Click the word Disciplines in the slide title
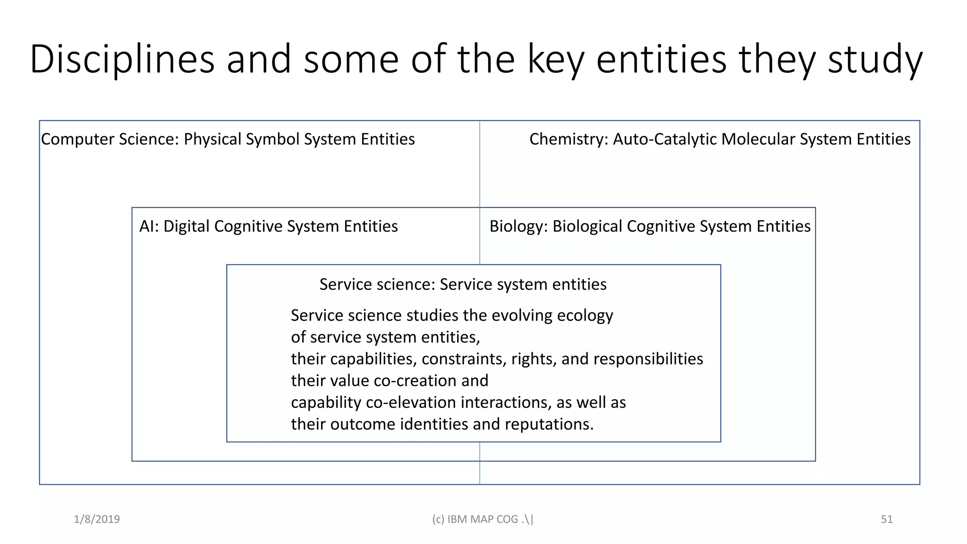[x=122, y=59]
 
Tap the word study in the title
[x=875, y=59]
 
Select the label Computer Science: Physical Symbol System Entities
[x=228, y=139]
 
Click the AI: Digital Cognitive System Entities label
[x=268, y=226]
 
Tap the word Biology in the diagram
[x=518, y=226]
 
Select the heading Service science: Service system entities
[x=463, y=284]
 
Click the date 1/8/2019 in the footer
[x=97, y=519]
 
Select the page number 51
[x=887, y=519]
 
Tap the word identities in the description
[x=434, y=424]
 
